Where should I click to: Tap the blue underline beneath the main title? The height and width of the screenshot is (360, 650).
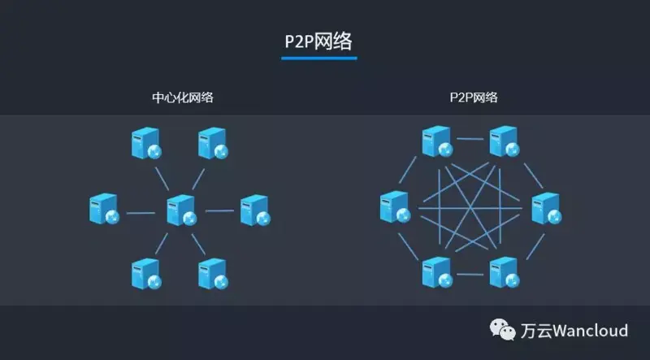click(x=318, y=58)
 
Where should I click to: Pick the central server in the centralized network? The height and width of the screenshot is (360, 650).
click(x=181, y=210)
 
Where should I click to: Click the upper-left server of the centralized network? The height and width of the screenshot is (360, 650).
click(x=146, y=144)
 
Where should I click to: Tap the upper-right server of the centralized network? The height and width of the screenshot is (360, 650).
click(x=214, y=144)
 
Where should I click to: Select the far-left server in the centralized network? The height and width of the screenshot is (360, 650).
click(x=104, y=210)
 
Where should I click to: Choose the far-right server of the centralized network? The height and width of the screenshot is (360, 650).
click(x=255, y=210)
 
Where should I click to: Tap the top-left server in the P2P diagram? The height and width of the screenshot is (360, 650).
click(x=437, y=141)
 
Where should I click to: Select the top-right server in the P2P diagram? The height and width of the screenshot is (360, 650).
click(x=505, y=141)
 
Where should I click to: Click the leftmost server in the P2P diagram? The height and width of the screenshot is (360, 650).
click(x=394, y=207)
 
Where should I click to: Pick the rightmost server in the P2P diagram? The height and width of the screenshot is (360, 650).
click(x=546, y=209)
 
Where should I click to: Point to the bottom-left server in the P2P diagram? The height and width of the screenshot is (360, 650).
click(x=437, y=273)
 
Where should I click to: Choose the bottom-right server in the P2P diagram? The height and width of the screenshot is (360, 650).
click(x=505, y=273)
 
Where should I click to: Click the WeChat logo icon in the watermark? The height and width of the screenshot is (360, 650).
click(x=502, y=330)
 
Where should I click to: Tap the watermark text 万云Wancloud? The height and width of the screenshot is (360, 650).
click(x=574, y=331)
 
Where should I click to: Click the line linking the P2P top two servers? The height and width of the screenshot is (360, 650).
click(x=470, y=138)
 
